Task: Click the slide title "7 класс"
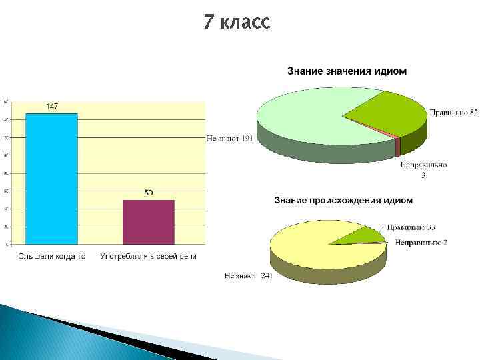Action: coord(237,23)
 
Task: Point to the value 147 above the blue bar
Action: coord(51,107)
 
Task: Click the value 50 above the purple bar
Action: coord(149,193)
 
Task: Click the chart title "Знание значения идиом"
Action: coord(347,71)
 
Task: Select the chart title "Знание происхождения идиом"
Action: coord(343,200)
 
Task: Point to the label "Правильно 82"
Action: coord(453,113)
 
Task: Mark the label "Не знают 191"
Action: coord(229,139)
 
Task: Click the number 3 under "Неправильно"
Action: coord(423,176)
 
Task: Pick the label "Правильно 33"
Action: coord(412,227)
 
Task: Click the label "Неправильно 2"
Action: coord(420,242)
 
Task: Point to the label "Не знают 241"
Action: coord(248,275)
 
